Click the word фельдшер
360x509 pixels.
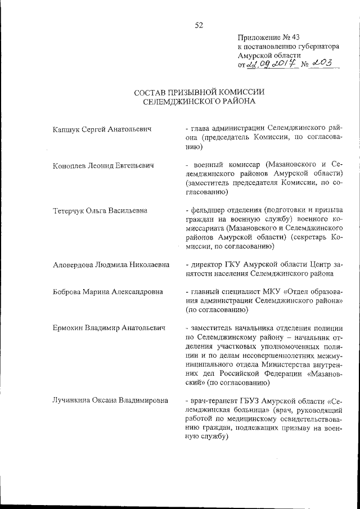pos(207,210)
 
